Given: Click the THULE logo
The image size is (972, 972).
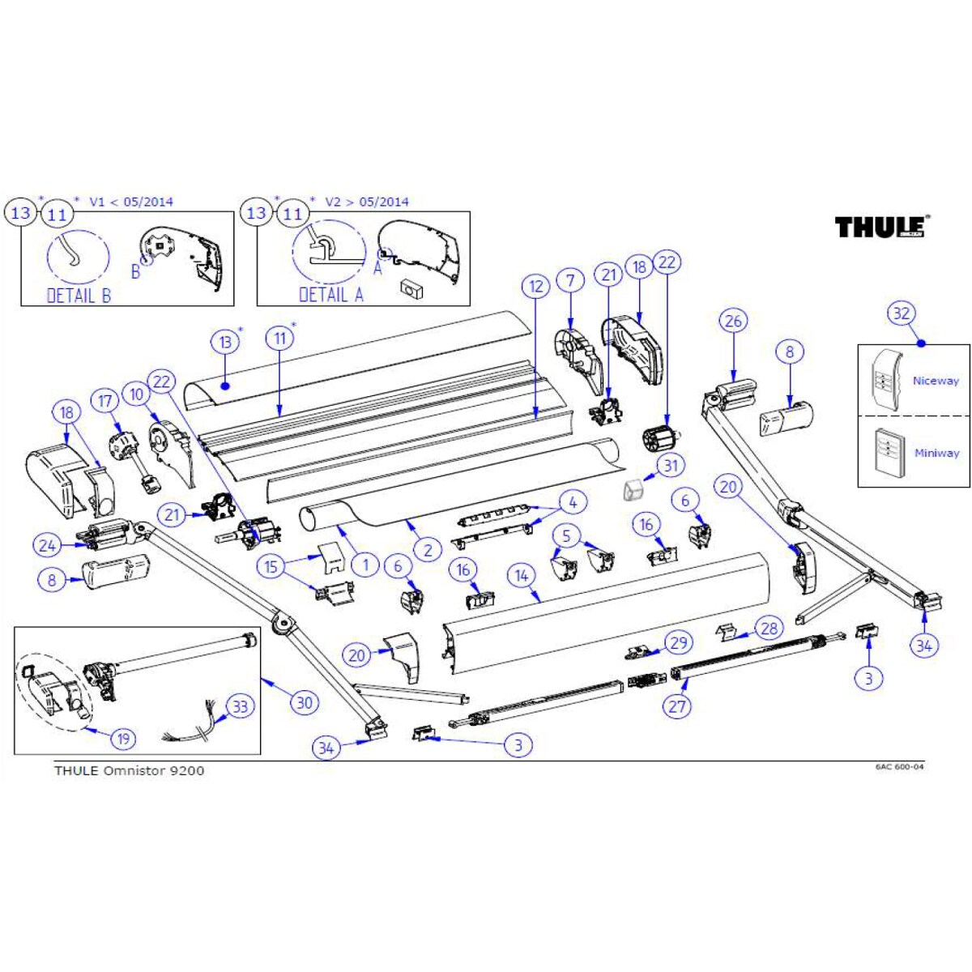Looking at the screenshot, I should coord(881,227).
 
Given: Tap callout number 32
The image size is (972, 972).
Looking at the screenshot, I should coord(902,313).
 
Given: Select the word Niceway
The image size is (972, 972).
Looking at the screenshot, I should coord(935,381).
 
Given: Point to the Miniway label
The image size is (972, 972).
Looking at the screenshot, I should coord(936,453).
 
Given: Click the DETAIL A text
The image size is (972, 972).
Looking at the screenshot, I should coord(331,295).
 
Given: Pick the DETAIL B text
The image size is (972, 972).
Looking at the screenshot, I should coord(79,296).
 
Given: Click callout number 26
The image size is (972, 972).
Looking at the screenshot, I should coord(733,321).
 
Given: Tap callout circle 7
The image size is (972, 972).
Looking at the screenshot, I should coord(571,281).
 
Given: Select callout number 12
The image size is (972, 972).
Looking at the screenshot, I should coord(535,286).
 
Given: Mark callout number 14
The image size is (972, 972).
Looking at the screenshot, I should coord(522,576).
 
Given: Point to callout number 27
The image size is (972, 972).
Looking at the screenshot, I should coord(677,706).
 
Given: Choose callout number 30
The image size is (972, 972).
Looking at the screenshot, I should coord(305,702).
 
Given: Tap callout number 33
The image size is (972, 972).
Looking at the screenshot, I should coord(240,706).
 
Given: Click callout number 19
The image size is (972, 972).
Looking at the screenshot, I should coord(123,739).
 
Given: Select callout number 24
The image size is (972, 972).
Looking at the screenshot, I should coord(48,546).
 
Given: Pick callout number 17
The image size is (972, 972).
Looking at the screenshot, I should coord(105,401).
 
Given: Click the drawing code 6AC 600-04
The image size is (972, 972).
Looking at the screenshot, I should coord(899,767).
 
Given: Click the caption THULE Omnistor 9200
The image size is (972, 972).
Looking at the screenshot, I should coord(129,770).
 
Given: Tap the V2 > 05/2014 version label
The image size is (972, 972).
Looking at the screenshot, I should coord(366,202).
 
